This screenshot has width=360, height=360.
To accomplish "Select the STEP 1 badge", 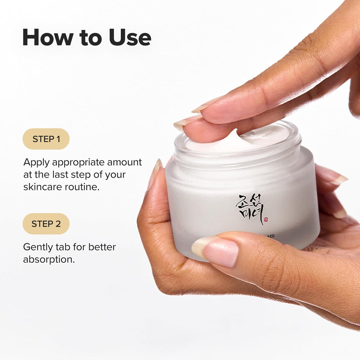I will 46,139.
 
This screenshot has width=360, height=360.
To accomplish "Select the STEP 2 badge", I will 46,224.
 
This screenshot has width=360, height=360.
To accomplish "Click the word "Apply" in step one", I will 36,162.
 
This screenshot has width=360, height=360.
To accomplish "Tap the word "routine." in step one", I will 83,187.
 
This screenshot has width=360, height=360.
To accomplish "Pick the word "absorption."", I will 49,259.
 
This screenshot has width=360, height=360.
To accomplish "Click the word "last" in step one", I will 62,174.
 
